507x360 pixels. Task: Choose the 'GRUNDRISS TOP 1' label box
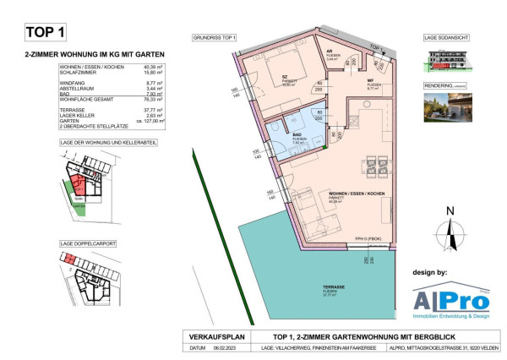point(215,39)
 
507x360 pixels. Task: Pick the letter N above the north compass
point(450,210)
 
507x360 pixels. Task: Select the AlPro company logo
point(447,301)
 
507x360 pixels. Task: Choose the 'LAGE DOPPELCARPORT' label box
point(88,243)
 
